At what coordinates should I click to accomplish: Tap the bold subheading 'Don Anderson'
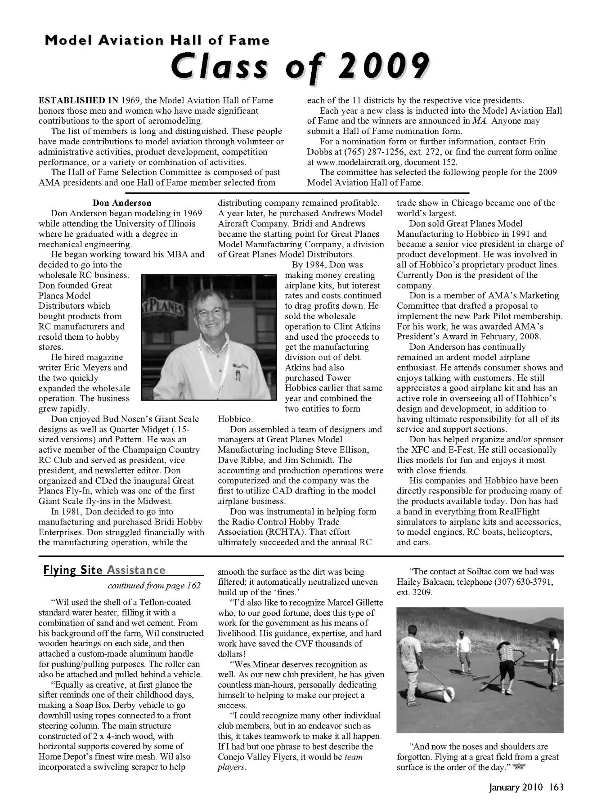(x=122, y=203)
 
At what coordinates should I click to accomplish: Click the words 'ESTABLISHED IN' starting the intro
(x=78, y=100)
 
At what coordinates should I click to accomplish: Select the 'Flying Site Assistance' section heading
(x=104, y=570)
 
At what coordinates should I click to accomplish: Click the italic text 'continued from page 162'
(x=154, y=586)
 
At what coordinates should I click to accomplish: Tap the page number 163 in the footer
(x=556, y=787)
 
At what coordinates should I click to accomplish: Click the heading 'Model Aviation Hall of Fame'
(x=157, y=41)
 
